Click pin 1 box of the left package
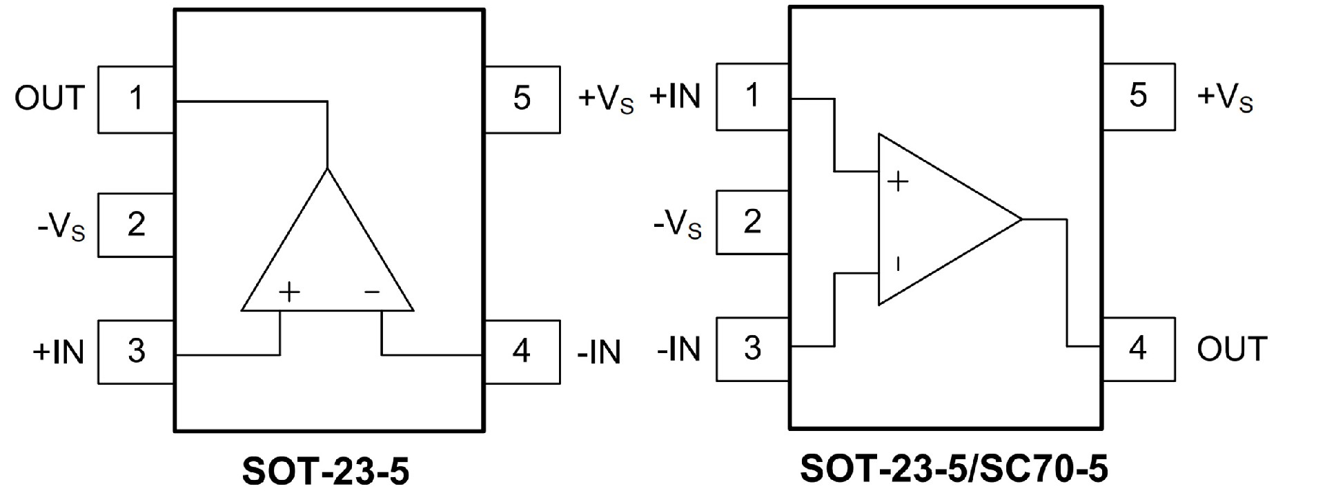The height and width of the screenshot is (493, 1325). (x=136, y=99)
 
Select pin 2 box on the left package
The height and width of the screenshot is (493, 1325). (x=136, y=225)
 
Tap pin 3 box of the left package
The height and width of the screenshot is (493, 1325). (x=136, y=351)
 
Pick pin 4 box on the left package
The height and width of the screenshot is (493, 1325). (x=522, y=352)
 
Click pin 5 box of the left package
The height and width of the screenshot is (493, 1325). (x=522, y=99)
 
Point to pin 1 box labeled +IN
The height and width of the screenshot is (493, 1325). (x=753, y=97)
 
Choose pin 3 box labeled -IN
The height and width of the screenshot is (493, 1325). (x=753, y=348)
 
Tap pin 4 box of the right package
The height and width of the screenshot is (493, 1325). (x=1138, y=348)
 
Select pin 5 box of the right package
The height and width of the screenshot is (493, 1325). (x=1138, y=97)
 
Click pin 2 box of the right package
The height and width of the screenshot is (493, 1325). (x=753, y=222)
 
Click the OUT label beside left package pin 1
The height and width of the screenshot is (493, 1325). (x=50, y=99)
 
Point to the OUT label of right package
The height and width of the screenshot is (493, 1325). (x=1232, y=349)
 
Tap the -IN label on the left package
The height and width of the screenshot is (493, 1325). (x=599, y=352)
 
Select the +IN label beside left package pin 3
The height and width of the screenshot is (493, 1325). (x=59, y=352)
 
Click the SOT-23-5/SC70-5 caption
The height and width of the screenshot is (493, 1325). (x=954, y=468)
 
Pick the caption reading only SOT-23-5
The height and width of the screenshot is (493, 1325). (x=326, y=472)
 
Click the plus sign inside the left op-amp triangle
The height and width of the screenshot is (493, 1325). (x=290, y=292)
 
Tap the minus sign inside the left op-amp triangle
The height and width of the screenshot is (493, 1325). (x=373, y=292)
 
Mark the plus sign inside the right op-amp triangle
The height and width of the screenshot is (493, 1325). (x=898, y=182)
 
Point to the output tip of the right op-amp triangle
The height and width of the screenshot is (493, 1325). (x=1021, y=219)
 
